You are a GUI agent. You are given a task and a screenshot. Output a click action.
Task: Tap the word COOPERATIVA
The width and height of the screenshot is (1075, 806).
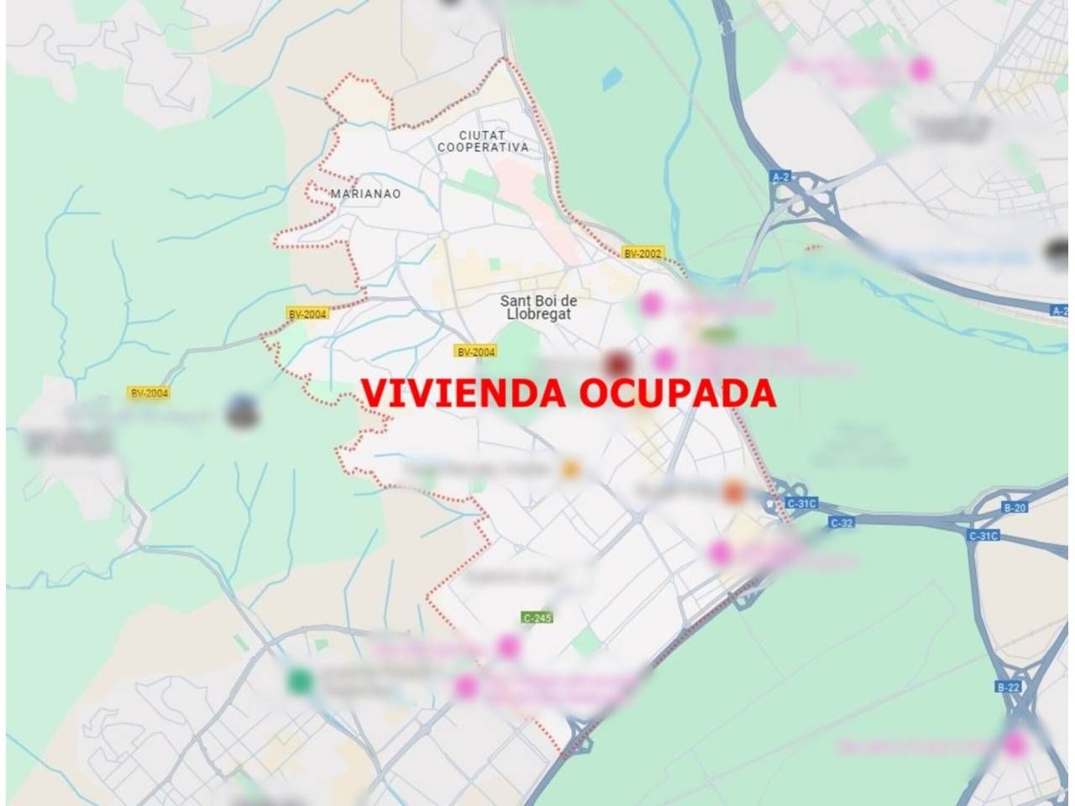pyautogui.click(x=483, y=148)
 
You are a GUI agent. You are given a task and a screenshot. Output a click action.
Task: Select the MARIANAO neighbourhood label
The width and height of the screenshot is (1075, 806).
pyautogui.click(x=365, y=194)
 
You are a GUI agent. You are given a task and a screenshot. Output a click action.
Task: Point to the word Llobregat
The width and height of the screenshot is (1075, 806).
pyautogui.click(x=538, y=314)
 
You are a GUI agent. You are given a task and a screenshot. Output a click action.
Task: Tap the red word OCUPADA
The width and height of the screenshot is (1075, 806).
pyautogui.click(x=677, y=393)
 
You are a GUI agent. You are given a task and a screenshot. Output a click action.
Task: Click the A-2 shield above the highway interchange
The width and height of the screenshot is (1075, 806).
pyautogui.click(x=781, y=176)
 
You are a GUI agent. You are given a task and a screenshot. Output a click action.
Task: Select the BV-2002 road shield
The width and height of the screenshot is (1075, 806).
pyautogui.click(x=642, y=253)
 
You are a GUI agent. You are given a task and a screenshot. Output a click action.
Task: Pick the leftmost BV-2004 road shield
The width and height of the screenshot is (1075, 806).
pyautogui.click(x=149, y=392)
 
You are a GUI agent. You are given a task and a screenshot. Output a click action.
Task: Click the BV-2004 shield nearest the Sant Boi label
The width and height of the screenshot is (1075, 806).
pyautogui.click(x=475, y=352)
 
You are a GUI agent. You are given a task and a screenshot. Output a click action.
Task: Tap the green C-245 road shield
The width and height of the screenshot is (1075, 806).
pyautogui.click(x=537, y=618)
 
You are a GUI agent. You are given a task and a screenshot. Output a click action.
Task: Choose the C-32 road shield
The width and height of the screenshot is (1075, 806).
pyautogui.click(x=842, y=522)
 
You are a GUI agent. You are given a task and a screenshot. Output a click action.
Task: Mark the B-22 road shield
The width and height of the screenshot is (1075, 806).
pyautogui.click(x=1008, y=687)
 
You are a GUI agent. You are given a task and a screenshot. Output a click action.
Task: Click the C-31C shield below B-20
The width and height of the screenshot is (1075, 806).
pyautogui.click(x=983, y=536)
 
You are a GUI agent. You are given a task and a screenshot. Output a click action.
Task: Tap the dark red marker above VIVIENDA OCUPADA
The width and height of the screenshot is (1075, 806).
pyautogui.click(x=619, y=363)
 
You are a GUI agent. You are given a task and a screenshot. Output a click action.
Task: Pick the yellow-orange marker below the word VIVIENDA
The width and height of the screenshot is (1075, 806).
pyautogui.click(x=571, y=468)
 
